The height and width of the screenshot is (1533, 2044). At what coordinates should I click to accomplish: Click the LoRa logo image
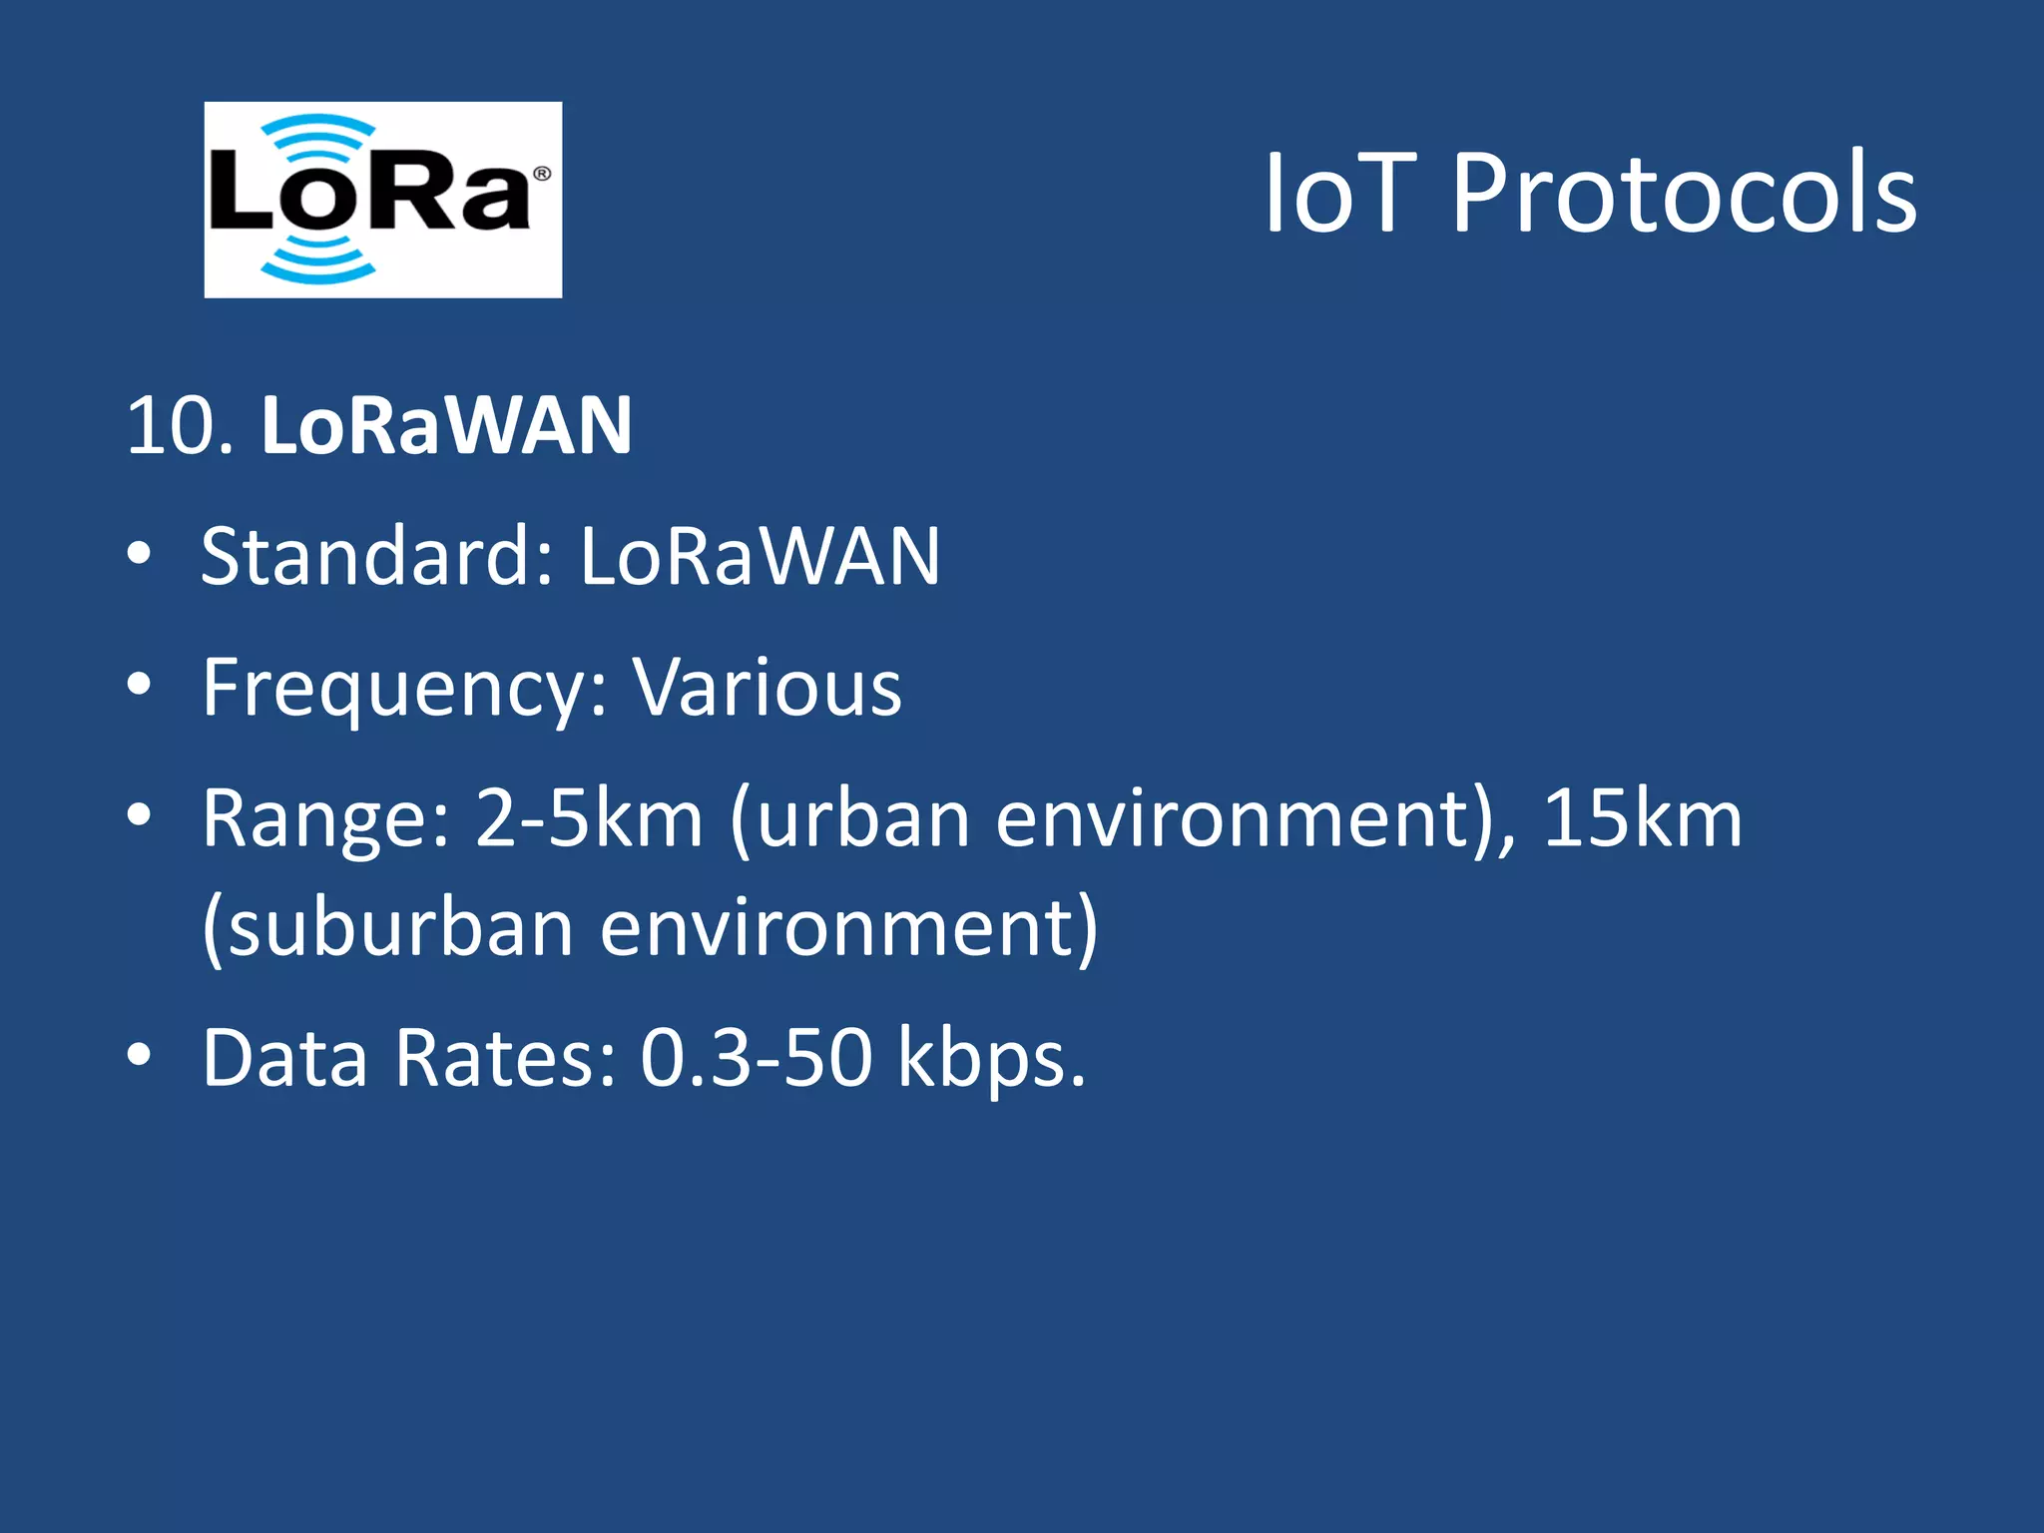(382, 200)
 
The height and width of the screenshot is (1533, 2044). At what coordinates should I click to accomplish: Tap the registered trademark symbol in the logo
(542, 174)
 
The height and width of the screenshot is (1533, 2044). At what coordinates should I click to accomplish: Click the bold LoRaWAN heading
(446, 426)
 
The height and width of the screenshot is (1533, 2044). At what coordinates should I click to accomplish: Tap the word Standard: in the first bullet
(377, 556)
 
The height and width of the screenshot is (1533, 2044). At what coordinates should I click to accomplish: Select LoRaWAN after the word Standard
(760, 556)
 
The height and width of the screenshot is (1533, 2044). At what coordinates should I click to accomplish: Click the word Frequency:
(405, 689)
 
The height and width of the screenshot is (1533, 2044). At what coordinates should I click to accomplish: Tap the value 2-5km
(589, 818)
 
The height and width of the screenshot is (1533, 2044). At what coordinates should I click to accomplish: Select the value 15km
(1642, 818)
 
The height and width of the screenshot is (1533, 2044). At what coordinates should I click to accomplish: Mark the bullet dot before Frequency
(140, 684)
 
